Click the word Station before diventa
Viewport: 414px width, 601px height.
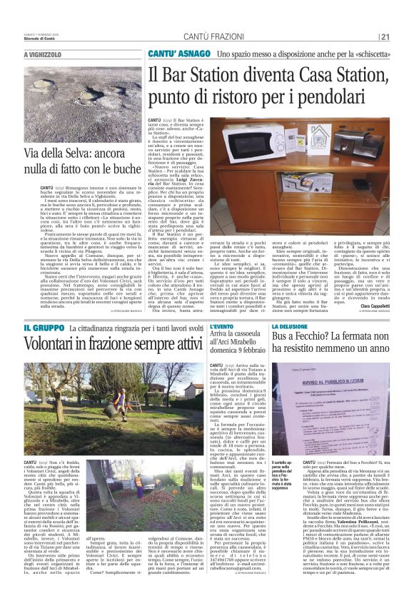pyautogui.click(x=208, y=74)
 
